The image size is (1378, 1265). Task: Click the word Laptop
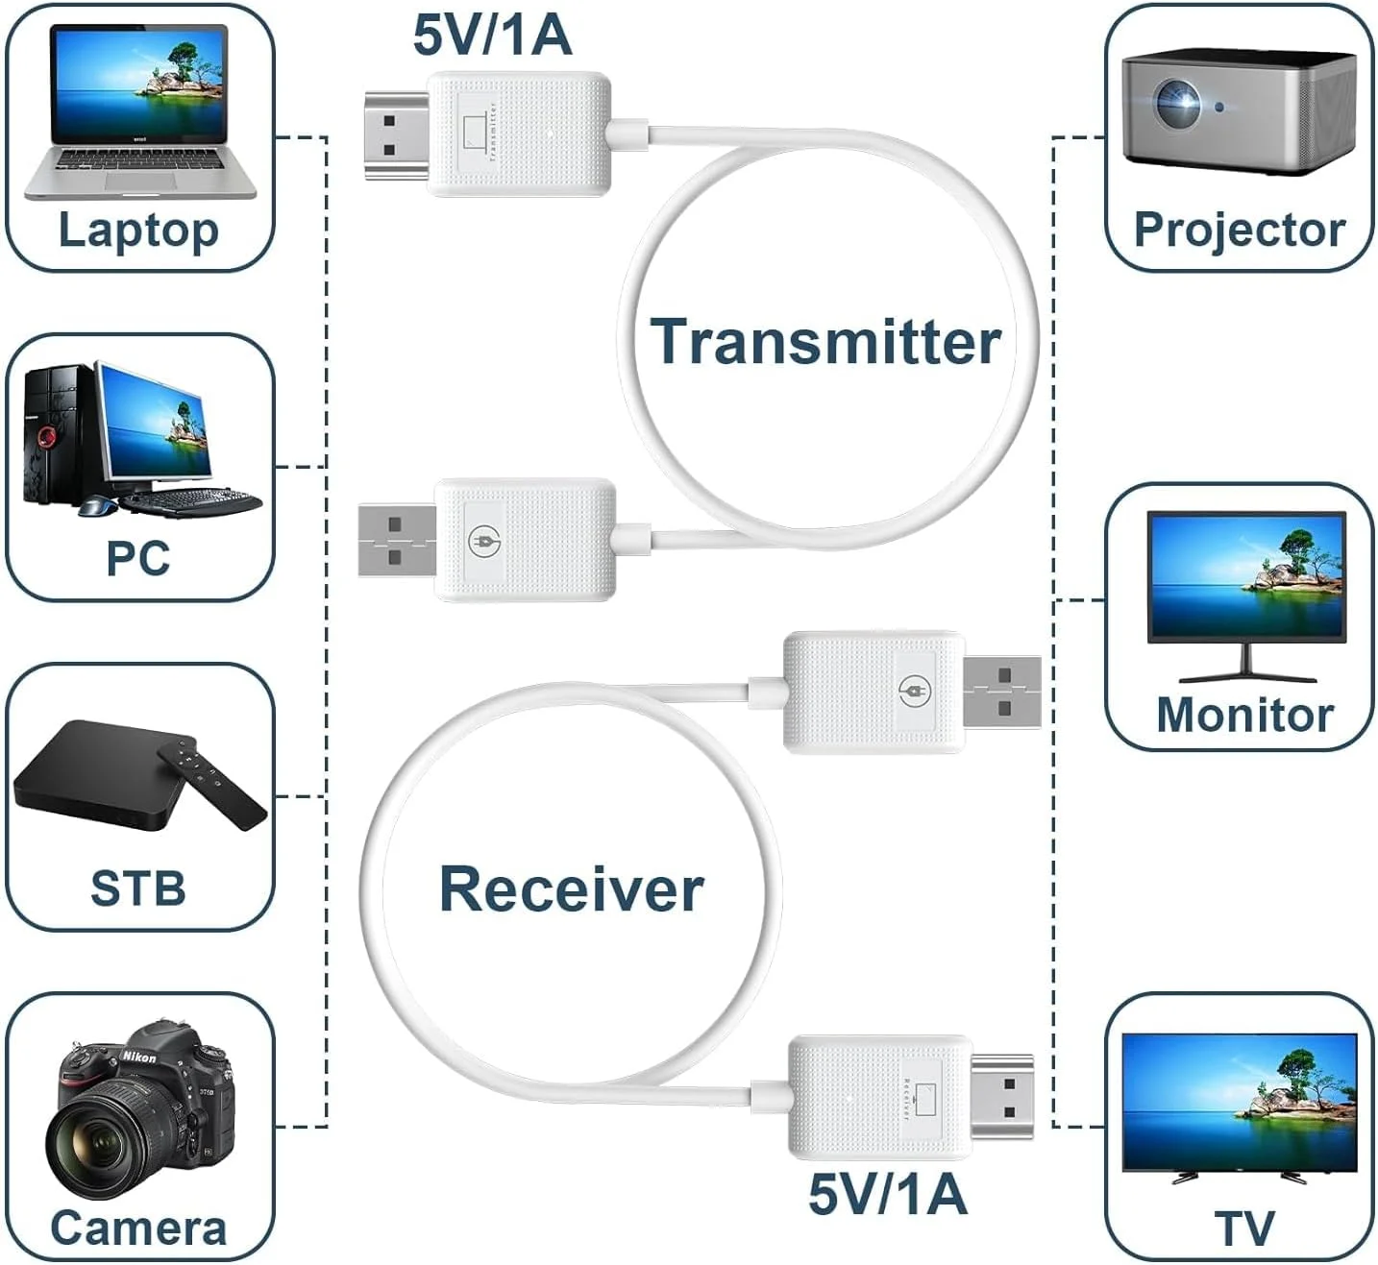tap(138, 231)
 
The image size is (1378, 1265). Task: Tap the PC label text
tap(138, 559)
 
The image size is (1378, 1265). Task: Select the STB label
tap(138, 888)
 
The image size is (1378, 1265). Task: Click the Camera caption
tap(138, 1229)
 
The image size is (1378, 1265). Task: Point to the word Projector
tap(1240, 231)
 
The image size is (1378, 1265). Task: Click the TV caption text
tap(1244, 1229)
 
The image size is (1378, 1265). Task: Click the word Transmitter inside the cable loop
tap(825, 342)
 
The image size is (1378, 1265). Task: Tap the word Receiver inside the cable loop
tap(572, 889)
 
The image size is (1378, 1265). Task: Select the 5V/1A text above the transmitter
tap(492, 36)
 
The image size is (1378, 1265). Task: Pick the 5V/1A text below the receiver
tap(887, 1194)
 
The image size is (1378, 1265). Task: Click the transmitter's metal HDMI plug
tap(396, 135)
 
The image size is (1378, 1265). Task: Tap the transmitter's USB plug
tap(396, 541)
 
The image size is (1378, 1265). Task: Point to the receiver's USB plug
tap(1002, 693)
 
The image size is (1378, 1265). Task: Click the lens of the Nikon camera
tap(96, 1143)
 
